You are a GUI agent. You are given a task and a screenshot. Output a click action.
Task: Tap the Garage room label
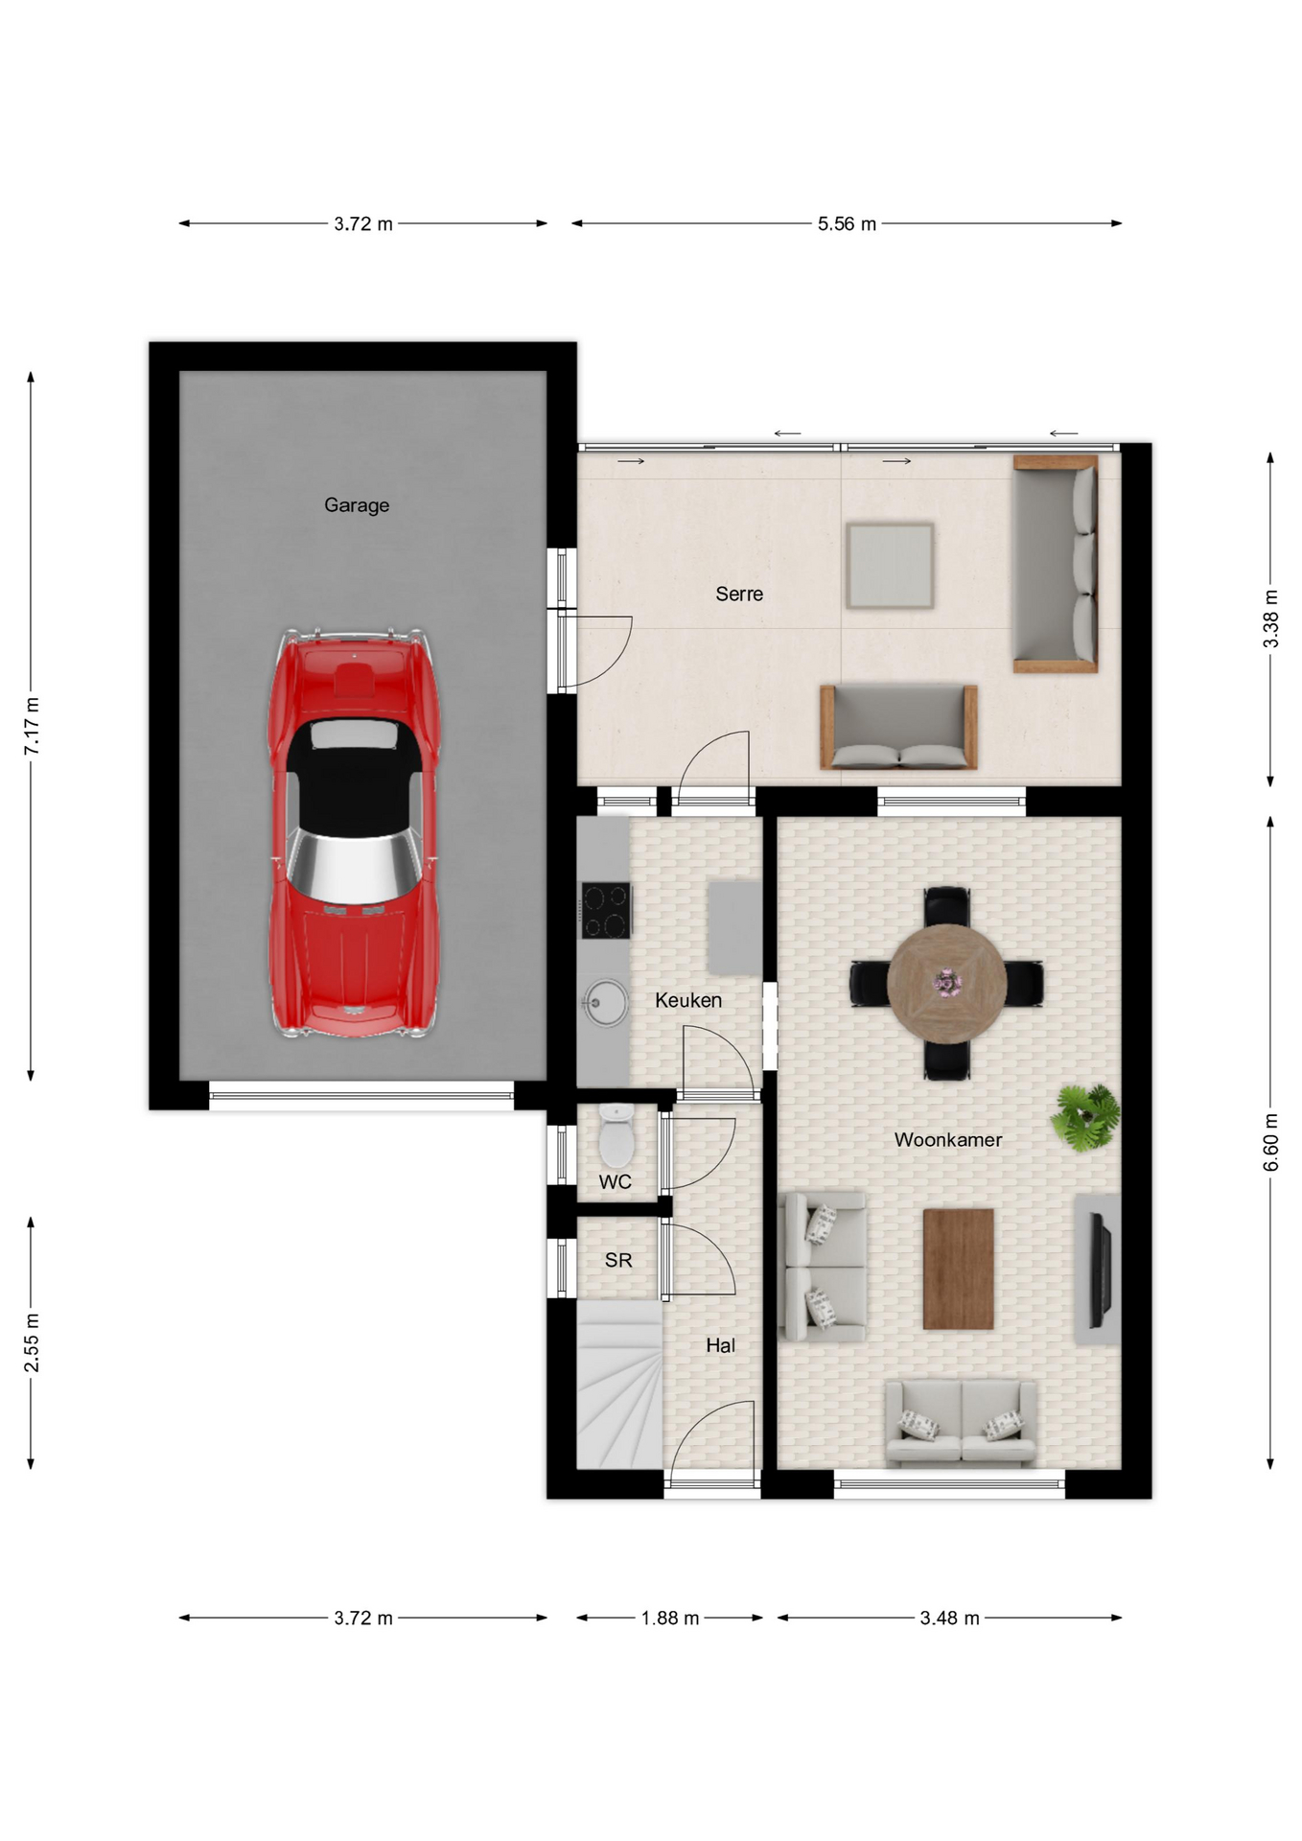(357, 505)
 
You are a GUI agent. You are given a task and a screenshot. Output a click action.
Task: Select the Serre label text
(739, 594)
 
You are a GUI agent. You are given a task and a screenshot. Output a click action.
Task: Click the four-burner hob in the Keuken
(606, 910)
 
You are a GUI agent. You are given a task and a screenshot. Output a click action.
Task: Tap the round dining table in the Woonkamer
(946, 983)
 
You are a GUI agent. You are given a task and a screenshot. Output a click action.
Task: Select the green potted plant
(1086, 1117)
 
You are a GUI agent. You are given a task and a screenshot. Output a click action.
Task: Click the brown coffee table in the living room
(958, 1269)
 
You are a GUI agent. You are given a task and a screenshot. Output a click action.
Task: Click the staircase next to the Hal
(619, 1384)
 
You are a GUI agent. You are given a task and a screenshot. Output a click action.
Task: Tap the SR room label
(618, 1260)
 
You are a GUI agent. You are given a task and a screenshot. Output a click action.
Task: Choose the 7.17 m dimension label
(32, 726)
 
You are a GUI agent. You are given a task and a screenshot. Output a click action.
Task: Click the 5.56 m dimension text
(847, 223)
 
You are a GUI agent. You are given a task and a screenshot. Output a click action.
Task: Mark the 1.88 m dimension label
(670, 1618)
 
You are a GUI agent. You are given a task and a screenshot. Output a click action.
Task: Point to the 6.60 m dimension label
(1271, 1142)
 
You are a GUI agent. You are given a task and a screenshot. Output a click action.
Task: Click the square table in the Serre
(890, 566)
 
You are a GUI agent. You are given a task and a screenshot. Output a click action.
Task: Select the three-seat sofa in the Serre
(1056, 564)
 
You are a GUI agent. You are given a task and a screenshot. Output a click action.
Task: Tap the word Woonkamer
(948, 1139)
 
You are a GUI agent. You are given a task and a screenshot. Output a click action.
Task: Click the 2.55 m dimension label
(32, 1341)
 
